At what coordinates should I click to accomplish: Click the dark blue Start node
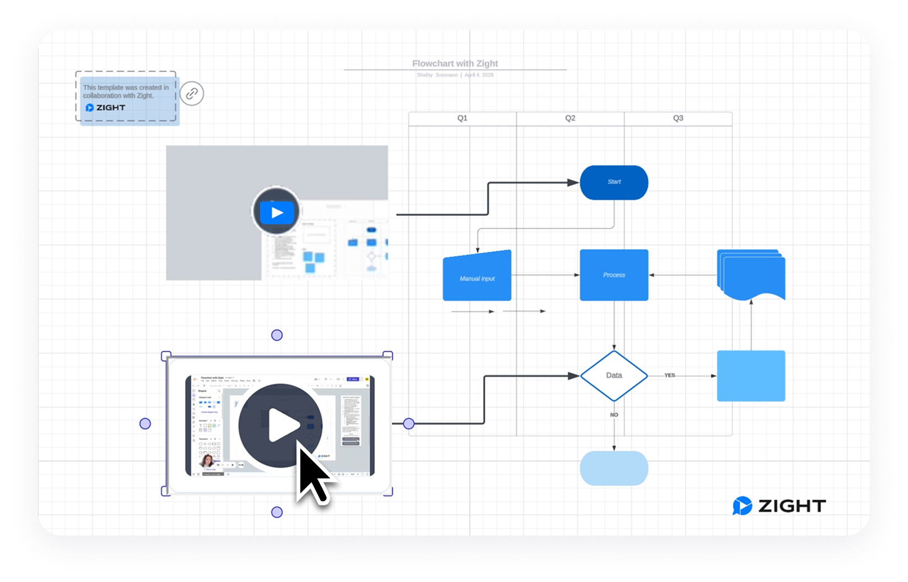pos(613,182)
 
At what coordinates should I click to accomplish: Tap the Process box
pos(613,275)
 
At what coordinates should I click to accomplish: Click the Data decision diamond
pos(613,375)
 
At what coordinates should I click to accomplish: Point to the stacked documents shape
pos(751,274)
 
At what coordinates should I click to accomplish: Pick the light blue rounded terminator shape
pos(613,468)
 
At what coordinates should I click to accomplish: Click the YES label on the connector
pos(670,375)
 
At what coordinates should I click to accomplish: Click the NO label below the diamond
pos(614,415)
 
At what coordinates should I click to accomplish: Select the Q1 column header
pos(462,118)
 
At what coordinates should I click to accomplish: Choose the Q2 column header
pos(570,118)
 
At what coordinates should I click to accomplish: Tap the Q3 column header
pos(678,118)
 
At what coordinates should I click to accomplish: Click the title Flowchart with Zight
pos(455,64)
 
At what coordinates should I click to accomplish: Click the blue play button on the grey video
pos(276,212)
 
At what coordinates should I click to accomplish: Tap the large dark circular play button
pos(281,425)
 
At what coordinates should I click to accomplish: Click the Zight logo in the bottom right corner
pos(779,506)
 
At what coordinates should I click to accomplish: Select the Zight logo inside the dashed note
pos(106,108)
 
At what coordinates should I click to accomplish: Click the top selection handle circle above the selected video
pos(277,335)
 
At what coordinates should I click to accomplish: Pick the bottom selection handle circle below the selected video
pos(277,512)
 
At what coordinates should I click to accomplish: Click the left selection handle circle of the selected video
pos(145,424)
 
